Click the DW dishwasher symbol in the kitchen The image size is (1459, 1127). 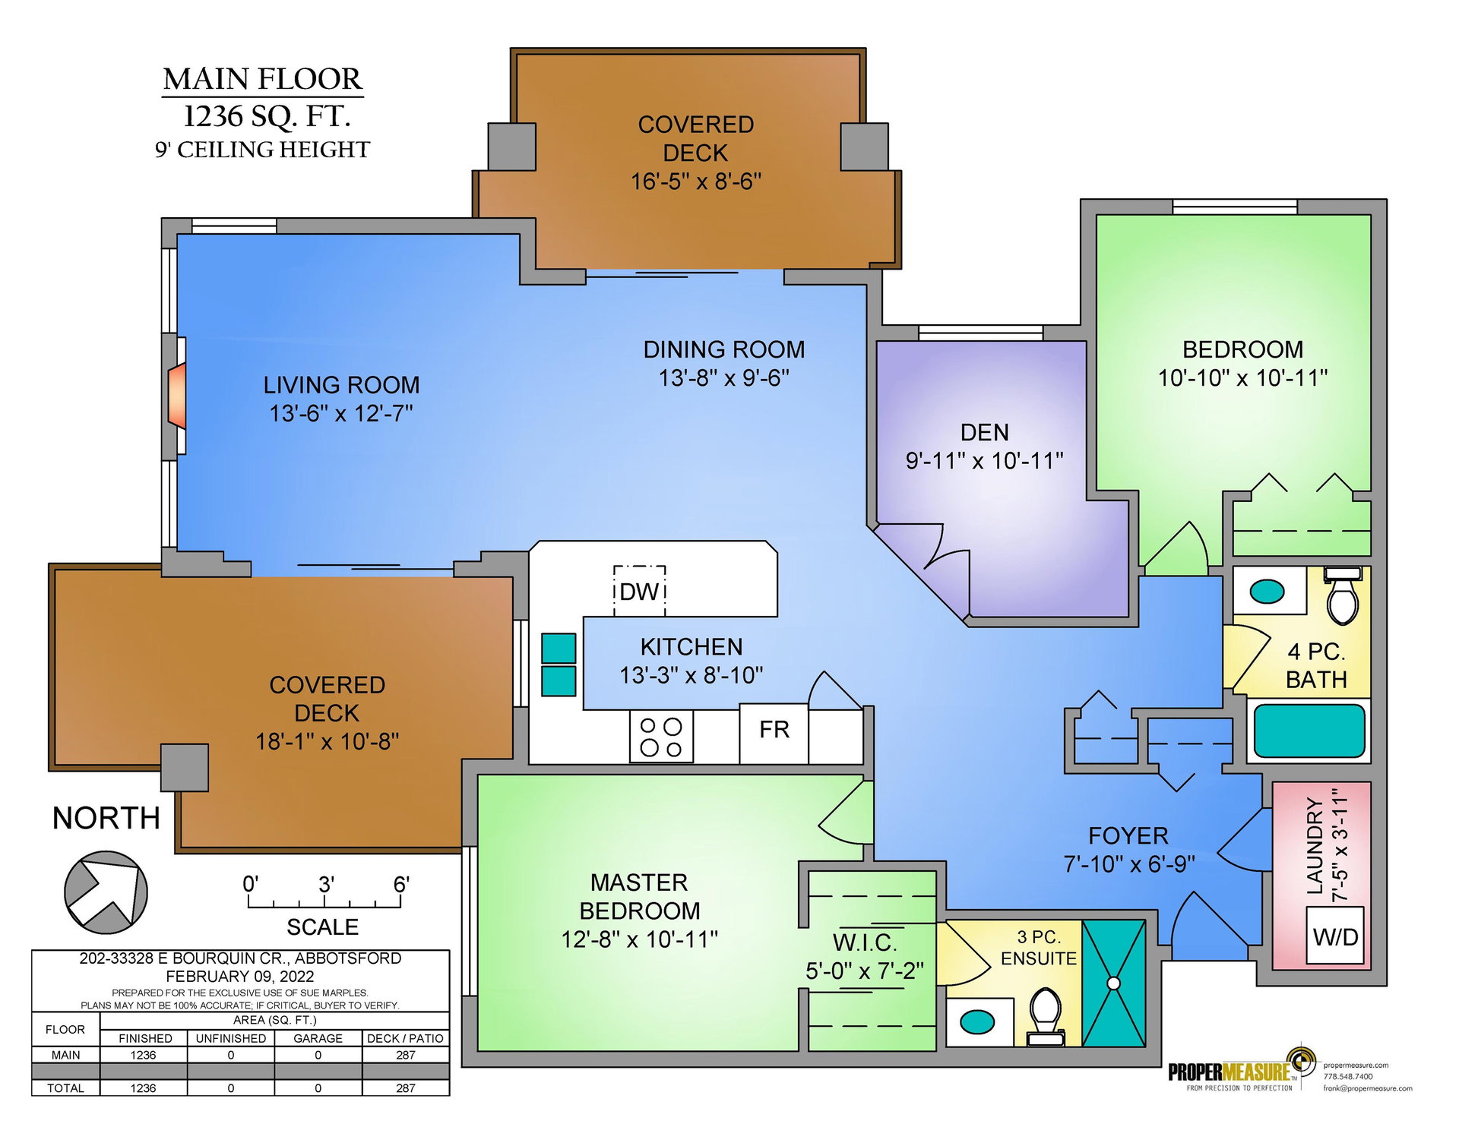coord(639,591)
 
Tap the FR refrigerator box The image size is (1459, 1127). coord(774,734)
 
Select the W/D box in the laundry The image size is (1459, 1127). coord(1335,936)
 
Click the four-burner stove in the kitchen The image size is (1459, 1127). coord(661,737)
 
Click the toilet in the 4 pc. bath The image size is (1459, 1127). coord(1343,595)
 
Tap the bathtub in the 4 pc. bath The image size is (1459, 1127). coord(1309,731)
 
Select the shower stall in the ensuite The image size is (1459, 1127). coord(1113,983)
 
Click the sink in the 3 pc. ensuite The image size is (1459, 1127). coord(977,1021)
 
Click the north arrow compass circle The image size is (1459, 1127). coord(106,892)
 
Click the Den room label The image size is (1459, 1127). coord(985,432)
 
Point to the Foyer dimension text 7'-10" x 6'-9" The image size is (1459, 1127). coord(1128,864)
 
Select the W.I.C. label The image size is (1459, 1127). coord(865,942)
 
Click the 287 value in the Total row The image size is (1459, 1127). coord(406,1088)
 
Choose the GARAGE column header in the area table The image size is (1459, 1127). coord(318,1038)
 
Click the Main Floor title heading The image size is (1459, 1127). coord(263,79)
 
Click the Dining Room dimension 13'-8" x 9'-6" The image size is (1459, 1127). coord(724,377)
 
